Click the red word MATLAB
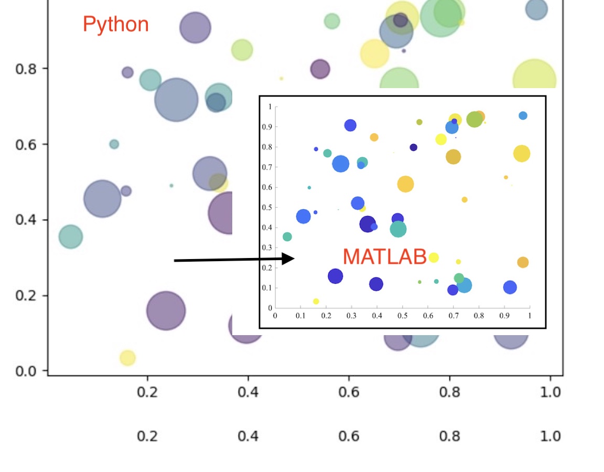click(x=384, y=256)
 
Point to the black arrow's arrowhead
click(x=288, y=259)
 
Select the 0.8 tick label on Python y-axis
click(x=26, y=69)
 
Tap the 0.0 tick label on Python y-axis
click(x=26, y=371)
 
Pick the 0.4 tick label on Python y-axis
click(x=26, y=220)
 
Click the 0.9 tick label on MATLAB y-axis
click(x=267, y=127)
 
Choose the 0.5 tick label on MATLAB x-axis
click(x=403, y=316)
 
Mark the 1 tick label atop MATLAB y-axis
click(x=270, y=107)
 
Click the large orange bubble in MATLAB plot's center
click(x=405, y=184)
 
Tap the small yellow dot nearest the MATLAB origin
click(x=316, y=302)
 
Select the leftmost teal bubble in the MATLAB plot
click(x=287, y=237)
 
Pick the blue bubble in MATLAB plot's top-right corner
click(x=523, y=115)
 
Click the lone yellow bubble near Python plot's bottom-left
click(x=127, y=358)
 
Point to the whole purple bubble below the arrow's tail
click(x=166, y=311)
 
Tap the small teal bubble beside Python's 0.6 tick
click(x=114, y=144)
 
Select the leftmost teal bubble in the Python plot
click(x=70, y=237)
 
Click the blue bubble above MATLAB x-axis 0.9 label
click(x=510, y=287)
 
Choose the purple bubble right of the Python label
click(x=195, y=27)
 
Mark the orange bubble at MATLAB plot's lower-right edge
click(x=523, y=262)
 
